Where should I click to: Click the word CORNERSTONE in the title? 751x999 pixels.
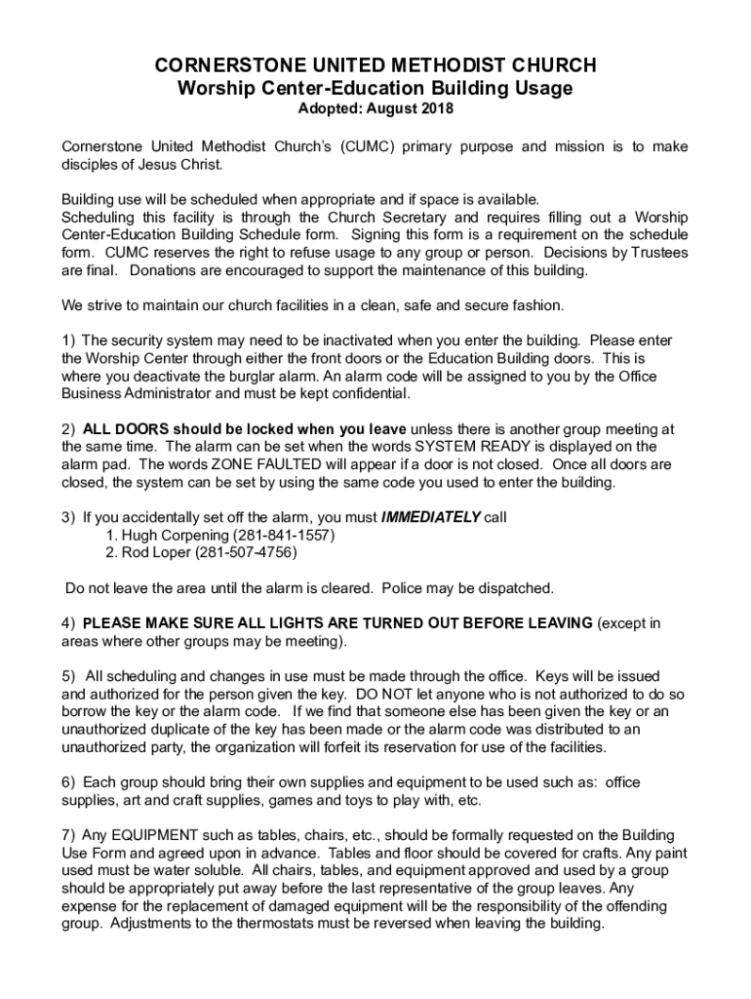[217, 66]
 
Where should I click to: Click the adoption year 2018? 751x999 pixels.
[436, 109]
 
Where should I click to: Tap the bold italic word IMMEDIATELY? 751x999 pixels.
[430, 517]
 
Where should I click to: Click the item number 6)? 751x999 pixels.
[68, 782]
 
